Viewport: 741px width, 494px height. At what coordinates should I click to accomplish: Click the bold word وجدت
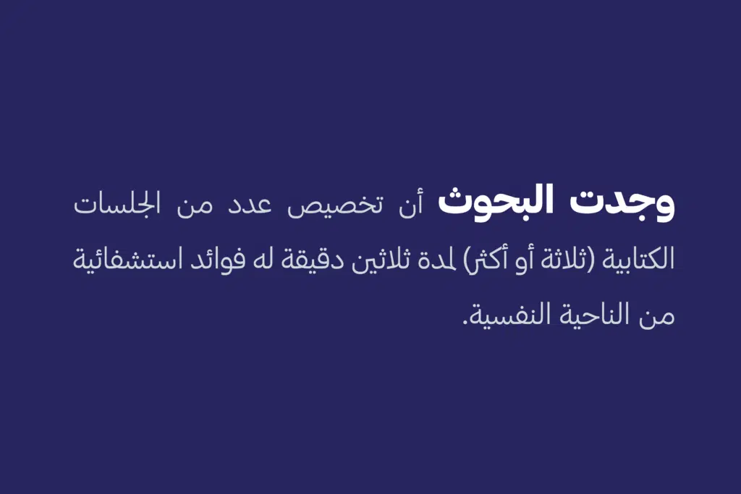coord(622,203)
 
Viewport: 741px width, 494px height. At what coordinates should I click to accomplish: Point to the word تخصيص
coord(335,206)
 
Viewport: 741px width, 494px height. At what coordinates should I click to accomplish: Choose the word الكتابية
coord(638,260)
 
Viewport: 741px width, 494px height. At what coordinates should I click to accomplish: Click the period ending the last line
coord(465,322)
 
